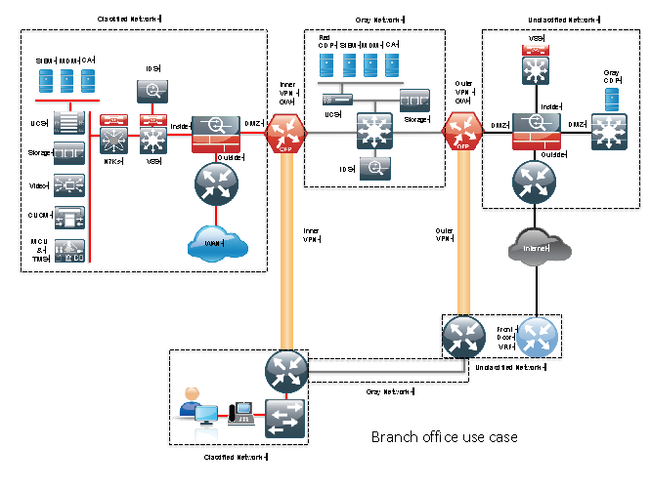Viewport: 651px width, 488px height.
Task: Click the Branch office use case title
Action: (444, 436)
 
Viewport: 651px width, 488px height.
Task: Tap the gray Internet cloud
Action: (535, 248)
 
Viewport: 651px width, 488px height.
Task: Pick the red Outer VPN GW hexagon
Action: (462, 131)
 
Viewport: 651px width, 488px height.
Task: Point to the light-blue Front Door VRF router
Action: (538, 338)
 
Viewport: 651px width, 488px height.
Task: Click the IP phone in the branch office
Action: (239, 414)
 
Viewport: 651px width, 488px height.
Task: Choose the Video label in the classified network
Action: (38, 184)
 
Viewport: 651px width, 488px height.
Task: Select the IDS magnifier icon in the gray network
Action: (373, 168)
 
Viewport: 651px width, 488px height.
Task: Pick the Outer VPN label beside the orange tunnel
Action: (442, 234)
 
